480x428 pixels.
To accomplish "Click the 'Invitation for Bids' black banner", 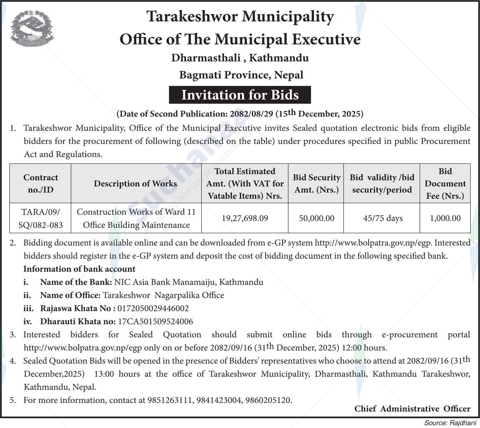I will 240,95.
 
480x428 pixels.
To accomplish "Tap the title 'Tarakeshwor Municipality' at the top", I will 240,17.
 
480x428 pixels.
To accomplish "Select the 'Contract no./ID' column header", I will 40,183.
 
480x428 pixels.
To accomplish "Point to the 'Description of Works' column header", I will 135,183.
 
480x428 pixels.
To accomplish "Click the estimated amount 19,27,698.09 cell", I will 245,218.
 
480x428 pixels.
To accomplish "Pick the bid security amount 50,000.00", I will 316,218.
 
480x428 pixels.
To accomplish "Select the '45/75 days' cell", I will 382,218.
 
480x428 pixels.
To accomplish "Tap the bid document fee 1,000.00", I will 445,218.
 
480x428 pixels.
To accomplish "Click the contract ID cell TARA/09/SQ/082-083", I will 40,218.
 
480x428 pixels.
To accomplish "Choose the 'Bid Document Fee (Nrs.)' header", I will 445,183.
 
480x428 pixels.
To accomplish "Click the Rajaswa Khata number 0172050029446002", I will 153,309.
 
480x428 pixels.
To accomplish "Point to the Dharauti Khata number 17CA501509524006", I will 155,322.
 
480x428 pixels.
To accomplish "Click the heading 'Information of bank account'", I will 79,269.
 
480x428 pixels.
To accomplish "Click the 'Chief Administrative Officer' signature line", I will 412,409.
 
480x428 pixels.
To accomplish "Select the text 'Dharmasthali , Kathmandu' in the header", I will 240,58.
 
